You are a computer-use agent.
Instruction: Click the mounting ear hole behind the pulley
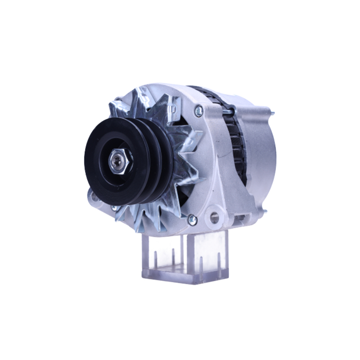tap(94, 197)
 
